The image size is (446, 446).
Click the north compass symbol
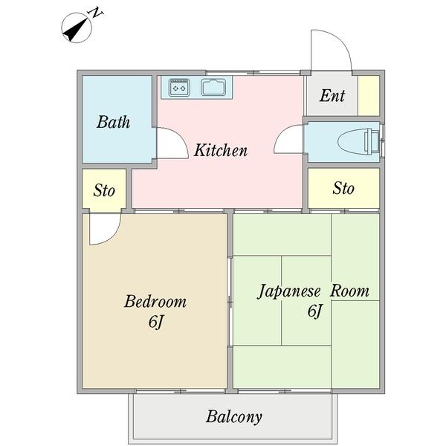[x=76, y=29]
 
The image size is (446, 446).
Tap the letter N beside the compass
[x=95, y=13]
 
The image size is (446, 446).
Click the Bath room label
[x=113, y=121]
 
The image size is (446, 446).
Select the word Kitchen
[x=221, y=151]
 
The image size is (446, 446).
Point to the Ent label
[x=332, y=96]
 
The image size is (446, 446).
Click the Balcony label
[x=234, y=416]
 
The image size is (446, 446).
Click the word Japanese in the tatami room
[x=289, y=291]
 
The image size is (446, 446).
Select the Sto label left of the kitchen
[x=104, y=190]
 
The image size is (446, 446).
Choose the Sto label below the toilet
[x=343, y=188]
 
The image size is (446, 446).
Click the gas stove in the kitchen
[x=180, y=87]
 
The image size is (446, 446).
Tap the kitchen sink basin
[x=216, y=88]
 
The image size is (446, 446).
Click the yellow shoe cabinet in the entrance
[x=369, y=95]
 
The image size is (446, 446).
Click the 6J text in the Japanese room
[x=314, y=311]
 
